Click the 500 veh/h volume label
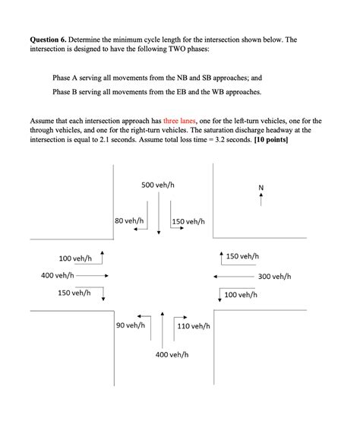tap(158, 185)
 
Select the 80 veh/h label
tap(129, 221)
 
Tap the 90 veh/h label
tap(131, 325)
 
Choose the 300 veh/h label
tap(275, 276)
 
